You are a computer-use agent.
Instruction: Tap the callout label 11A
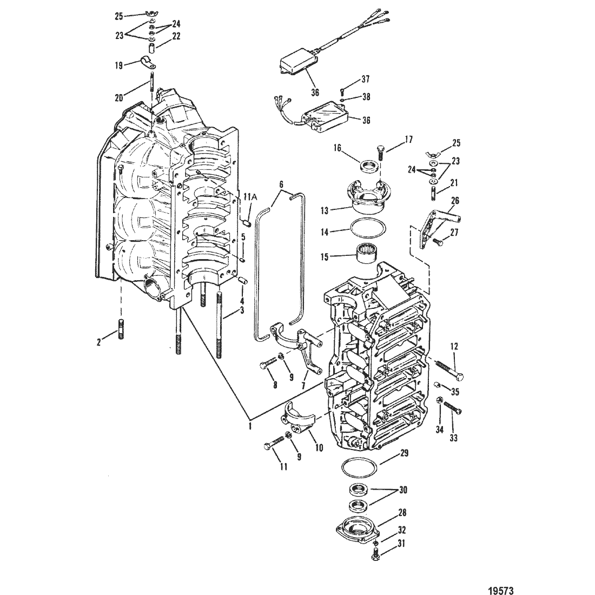coord(250,196)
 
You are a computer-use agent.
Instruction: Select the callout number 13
coord(324,210)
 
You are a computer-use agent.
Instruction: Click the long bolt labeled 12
coord(448,369)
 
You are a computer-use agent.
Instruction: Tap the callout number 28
coord(402,513)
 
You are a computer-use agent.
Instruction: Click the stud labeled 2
coord(121,329)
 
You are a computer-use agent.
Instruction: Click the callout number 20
coord(119,97)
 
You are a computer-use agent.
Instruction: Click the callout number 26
coord(455,200)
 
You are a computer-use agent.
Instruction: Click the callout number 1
coord(250,425)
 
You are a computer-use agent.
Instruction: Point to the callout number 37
coord(365,79)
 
